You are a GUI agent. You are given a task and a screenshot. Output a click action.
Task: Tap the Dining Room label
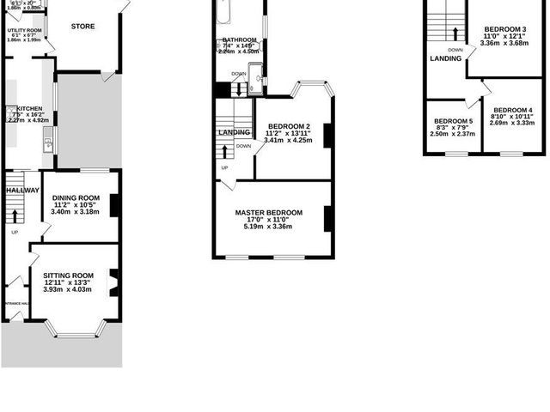[x=76, y=198]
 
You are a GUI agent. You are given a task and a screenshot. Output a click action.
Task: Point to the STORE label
[x=82, y=27]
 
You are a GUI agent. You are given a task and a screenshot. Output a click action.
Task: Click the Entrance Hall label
[x=15, y=303]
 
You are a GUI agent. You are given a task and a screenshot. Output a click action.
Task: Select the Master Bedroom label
[x=269, y=213]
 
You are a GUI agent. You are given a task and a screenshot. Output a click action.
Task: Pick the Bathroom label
[x=239, y=40]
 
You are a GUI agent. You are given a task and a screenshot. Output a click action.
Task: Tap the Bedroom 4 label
[x=512, y=110]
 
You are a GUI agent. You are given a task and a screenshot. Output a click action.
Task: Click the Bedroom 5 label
[x=451, y=121]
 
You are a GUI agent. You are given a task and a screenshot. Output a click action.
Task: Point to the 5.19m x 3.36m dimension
[x=269, y=227]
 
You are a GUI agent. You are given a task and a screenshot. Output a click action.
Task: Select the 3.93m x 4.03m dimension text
[x=67, y=289]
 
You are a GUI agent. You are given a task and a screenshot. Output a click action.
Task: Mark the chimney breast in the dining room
[x=114, y=203]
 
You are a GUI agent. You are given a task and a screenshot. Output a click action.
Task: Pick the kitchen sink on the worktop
[x=48, y=143]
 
